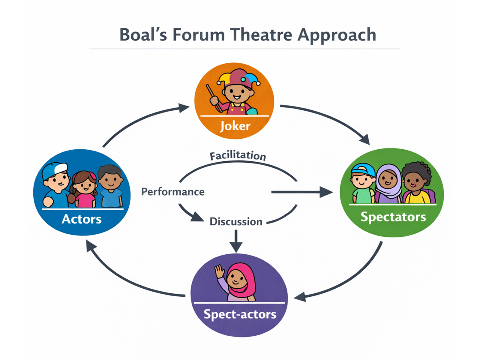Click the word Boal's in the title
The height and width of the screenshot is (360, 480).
(143, 34)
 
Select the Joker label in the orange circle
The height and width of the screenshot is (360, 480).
(235, 126)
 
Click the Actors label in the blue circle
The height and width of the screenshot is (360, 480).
(82, 219)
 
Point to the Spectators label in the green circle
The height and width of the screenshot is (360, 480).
(393, 217)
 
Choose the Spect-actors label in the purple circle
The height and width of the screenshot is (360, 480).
(240, 314)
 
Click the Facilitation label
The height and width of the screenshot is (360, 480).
(238, 156)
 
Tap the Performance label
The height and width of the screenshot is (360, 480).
(173, 192)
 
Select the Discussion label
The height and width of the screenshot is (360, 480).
(236, 222)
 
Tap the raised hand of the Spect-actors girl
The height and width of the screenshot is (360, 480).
(220, 271)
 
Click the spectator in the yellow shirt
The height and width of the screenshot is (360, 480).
(417, 186)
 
